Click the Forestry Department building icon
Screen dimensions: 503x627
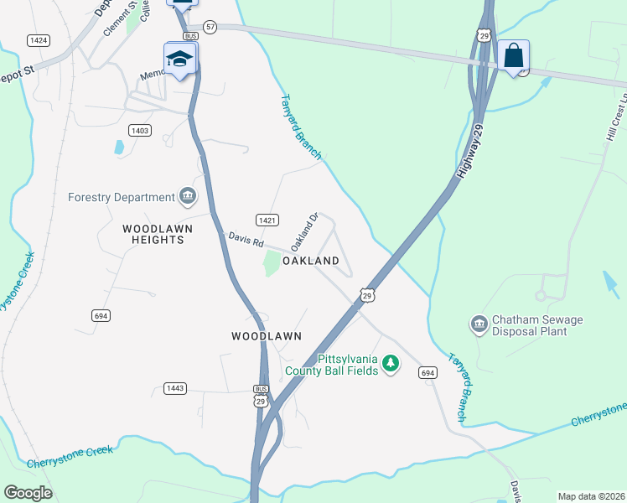188,197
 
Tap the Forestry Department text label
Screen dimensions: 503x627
122,197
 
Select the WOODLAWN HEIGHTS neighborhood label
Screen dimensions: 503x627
153,234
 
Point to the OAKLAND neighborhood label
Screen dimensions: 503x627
310,261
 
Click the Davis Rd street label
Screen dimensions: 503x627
246,239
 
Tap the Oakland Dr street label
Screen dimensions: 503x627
304,232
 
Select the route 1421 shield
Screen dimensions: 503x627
267,220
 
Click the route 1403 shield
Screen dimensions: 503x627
139,130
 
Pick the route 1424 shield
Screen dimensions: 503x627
38,39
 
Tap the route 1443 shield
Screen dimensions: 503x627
175,388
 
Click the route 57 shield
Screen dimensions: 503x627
210,28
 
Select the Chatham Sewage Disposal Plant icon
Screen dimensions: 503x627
479,324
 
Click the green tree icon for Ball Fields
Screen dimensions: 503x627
390,364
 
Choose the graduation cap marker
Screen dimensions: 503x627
180,59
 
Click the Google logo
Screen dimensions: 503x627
28,493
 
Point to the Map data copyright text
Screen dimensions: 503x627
591,496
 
